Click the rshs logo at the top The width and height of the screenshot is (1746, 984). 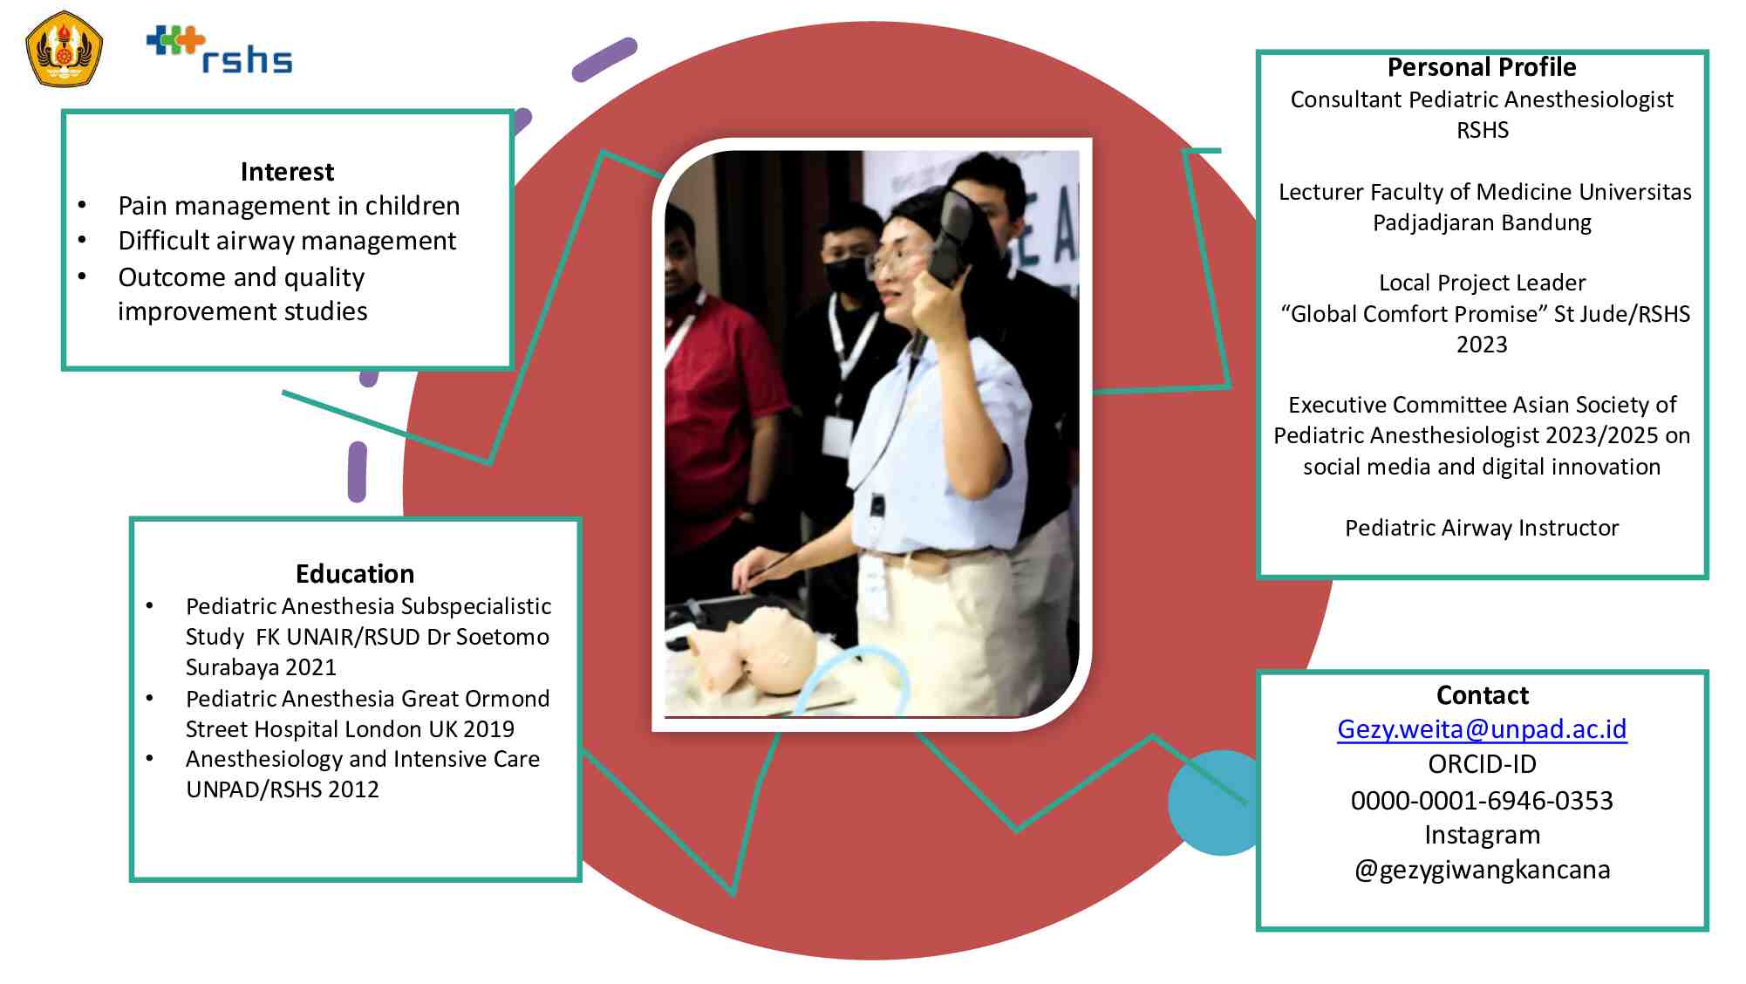pyautogui.click(x=219, y=50)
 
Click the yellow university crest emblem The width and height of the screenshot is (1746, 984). pyautogui.click(x=65, y=49)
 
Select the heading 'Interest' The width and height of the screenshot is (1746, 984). pyautogui.click(x=287, y=172)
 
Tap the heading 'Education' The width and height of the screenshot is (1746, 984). pyautogui.click(x=355, y=574)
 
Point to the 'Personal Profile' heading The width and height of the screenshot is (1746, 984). pyautogui.click(x=1482, y=67)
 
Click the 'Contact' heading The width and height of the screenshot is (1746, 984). pyautogui.click(x=1483, y=695)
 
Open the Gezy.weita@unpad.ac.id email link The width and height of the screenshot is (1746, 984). pyautogui.click(x=1482, y=729)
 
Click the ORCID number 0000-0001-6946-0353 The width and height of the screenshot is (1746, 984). pyautogui.click(x=1482, y=800)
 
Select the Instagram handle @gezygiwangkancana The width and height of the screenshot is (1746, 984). pyautogui.click(x=1482, y=870)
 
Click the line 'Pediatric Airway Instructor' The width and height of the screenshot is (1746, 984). pyautogui.click(x=1482, y=528)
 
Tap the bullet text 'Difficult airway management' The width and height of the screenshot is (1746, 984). pyautogui.click(x=287, y=241)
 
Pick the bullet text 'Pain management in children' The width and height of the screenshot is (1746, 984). pyautogui.click(x=289, y=206)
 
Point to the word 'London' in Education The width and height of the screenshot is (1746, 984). pyautogui.click(x=419, y=728)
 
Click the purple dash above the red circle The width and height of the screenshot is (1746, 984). pyautogui.click(x=604, y=59)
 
